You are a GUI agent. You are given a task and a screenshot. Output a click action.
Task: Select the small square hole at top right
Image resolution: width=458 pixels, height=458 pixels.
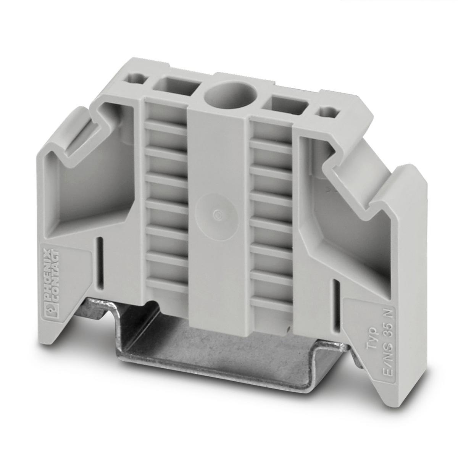pos(329,114)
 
